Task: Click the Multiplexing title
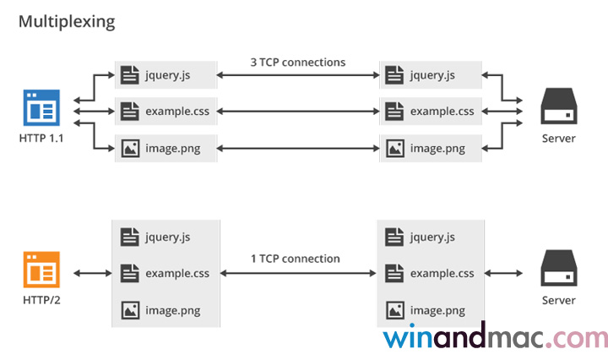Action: [x=67, y=21]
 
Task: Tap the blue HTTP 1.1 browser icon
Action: [x=41, y=109]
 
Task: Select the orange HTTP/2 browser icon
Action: [x=41, y=271]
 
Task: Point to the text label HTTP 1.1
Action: [x=41, y=138]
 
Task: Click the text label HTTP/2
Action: [x=41, y=300]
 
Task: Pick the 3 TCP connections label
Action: [x=298, y=62]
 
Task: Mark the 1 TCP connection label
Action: [x=296, y=259]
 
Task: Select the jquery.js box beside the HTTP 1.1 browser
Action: [x=166, y=75]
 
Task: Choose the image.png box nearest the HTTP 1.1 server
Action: [x=430, y=148]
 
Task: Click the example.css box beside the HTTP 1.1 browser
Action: [x=166, y=111]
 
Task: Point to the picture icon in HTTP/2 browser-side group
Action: [x=129, y=309]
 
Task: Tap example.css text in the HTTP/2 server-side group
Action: [x=442, y=273]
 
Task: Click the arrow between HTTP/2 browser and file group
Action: [x=92, y=273]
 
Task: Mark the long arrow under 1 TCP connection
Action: [x=298, y=273]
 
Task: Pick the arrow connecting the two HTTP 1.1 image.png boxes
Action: [x=298, y=149]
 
